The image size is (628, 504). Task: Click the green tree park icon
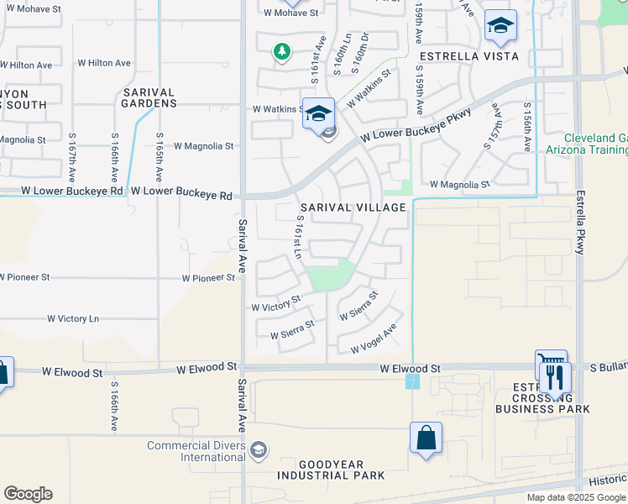[x=283, y=52]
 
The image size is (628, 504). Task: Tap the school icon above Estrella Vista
[x=500, y=26]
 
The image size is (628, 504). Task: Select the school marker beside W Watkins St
[x=319, y=113]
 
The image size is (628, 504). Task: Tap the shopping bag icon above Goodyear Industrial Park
[x=426, y=438]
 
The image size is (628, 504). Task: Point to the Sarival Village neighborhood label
[x=353, y=207]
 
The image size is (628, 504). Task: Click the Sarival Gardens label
[x=149, y=97]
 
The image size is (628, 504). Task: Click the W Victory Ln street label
[x=72, y=319]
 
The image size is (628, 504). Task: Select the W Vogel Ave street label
[x=374, y=339]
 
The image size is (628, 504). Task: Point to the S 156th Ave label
[x=526, y=128]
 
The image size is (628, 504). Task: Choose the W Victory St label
[x=276, y=304]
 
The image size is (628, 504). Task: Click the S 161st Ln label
[x=298, y=236]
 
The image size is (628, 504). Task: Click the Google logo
[x=28, y=494]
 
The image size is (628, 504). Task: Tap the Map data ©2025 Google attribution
[x=576, y=497]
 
